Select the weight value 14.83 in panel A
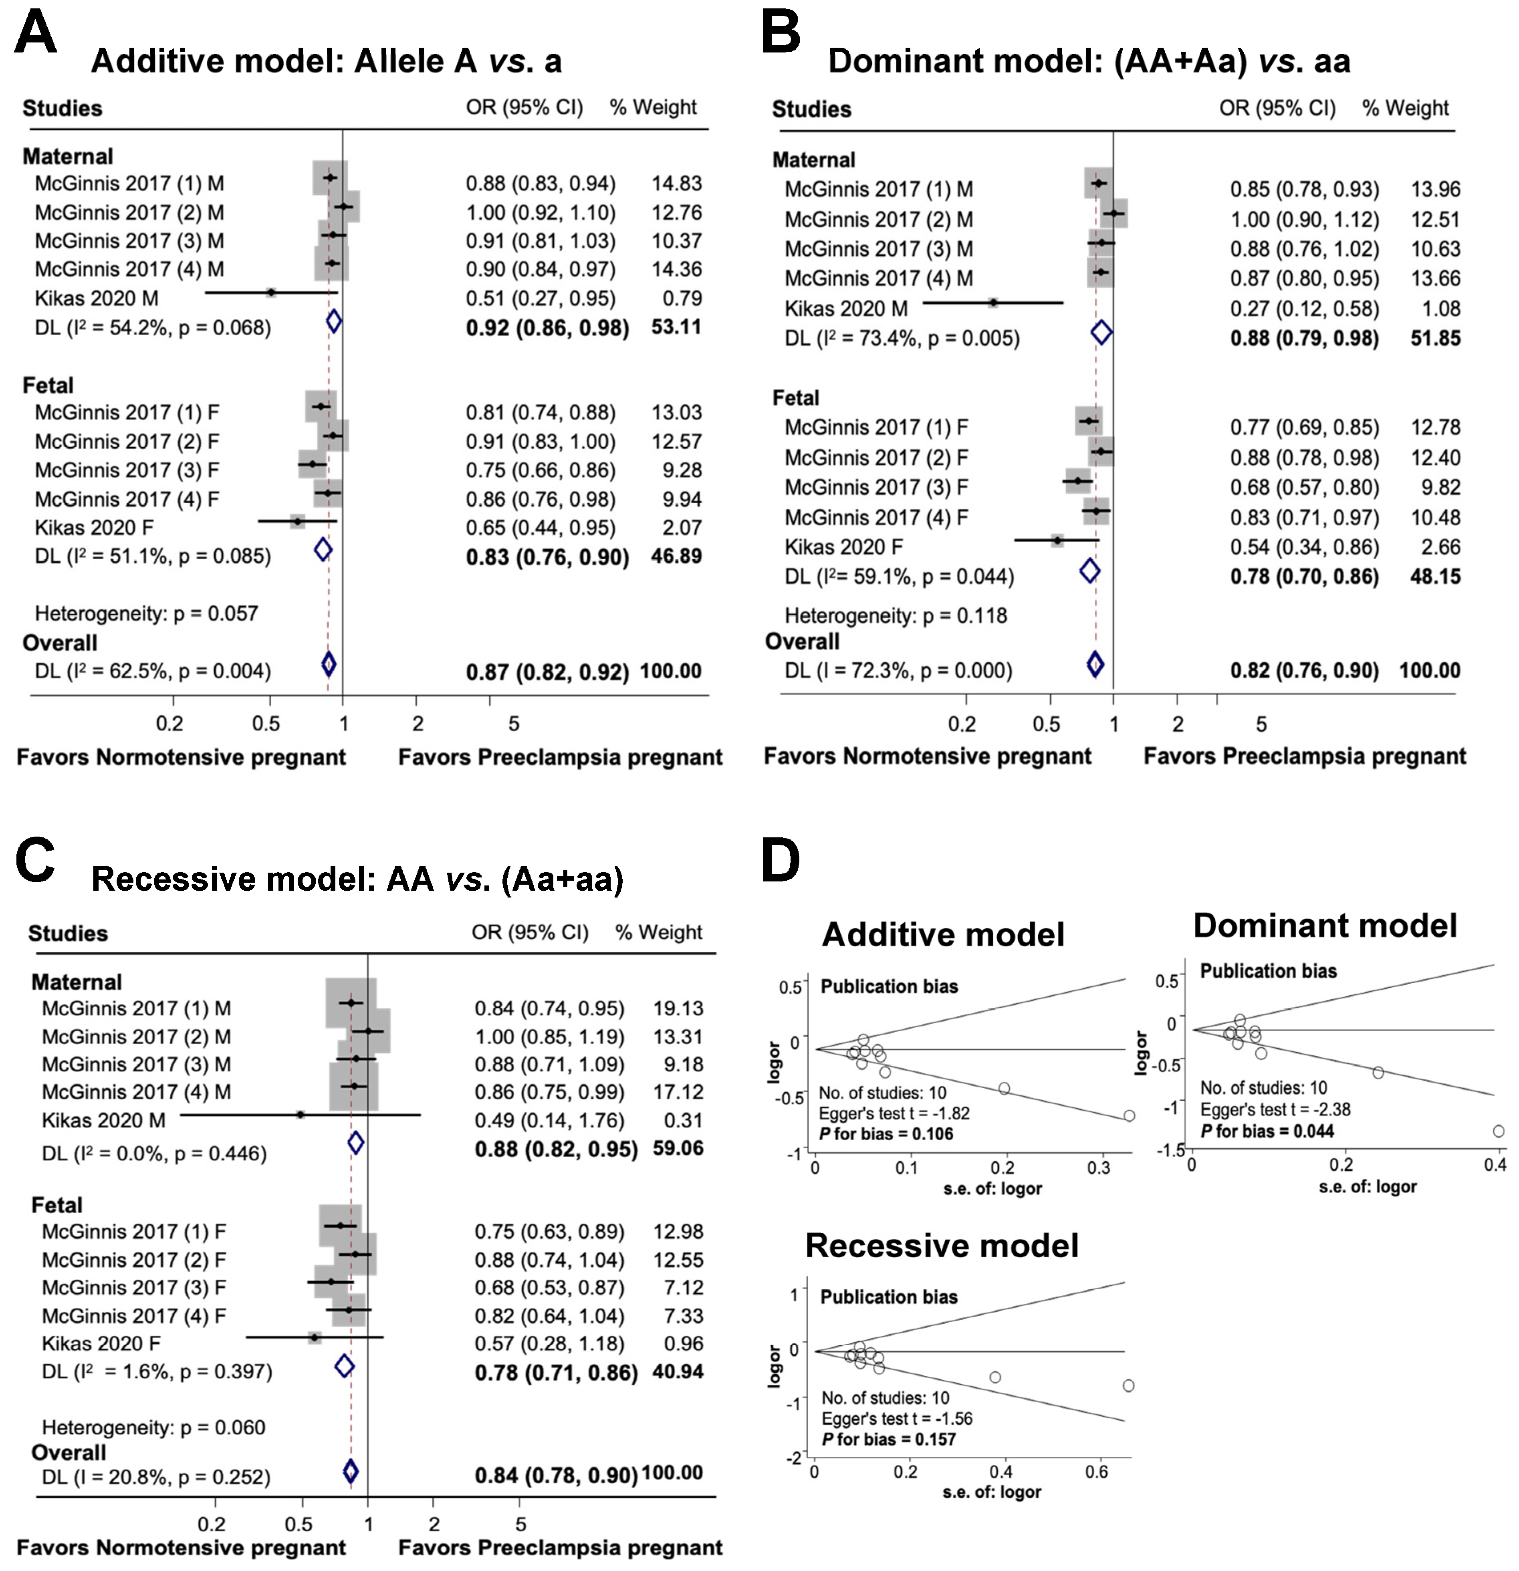click(x=676, y=184)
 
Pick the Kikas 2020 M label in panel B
click(x=846, y=309)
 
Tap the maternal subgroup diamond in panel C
click(x=356, y=1142)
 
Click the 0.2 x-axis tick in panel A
click(x=169, y=724)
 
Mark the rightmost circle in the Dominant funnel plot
click(x=1498, y=1131)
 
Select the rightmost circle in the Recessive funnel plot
click(x=1129, y=1385)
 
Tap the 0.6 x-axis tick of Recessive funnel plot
click(x=1097, y=1472)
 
